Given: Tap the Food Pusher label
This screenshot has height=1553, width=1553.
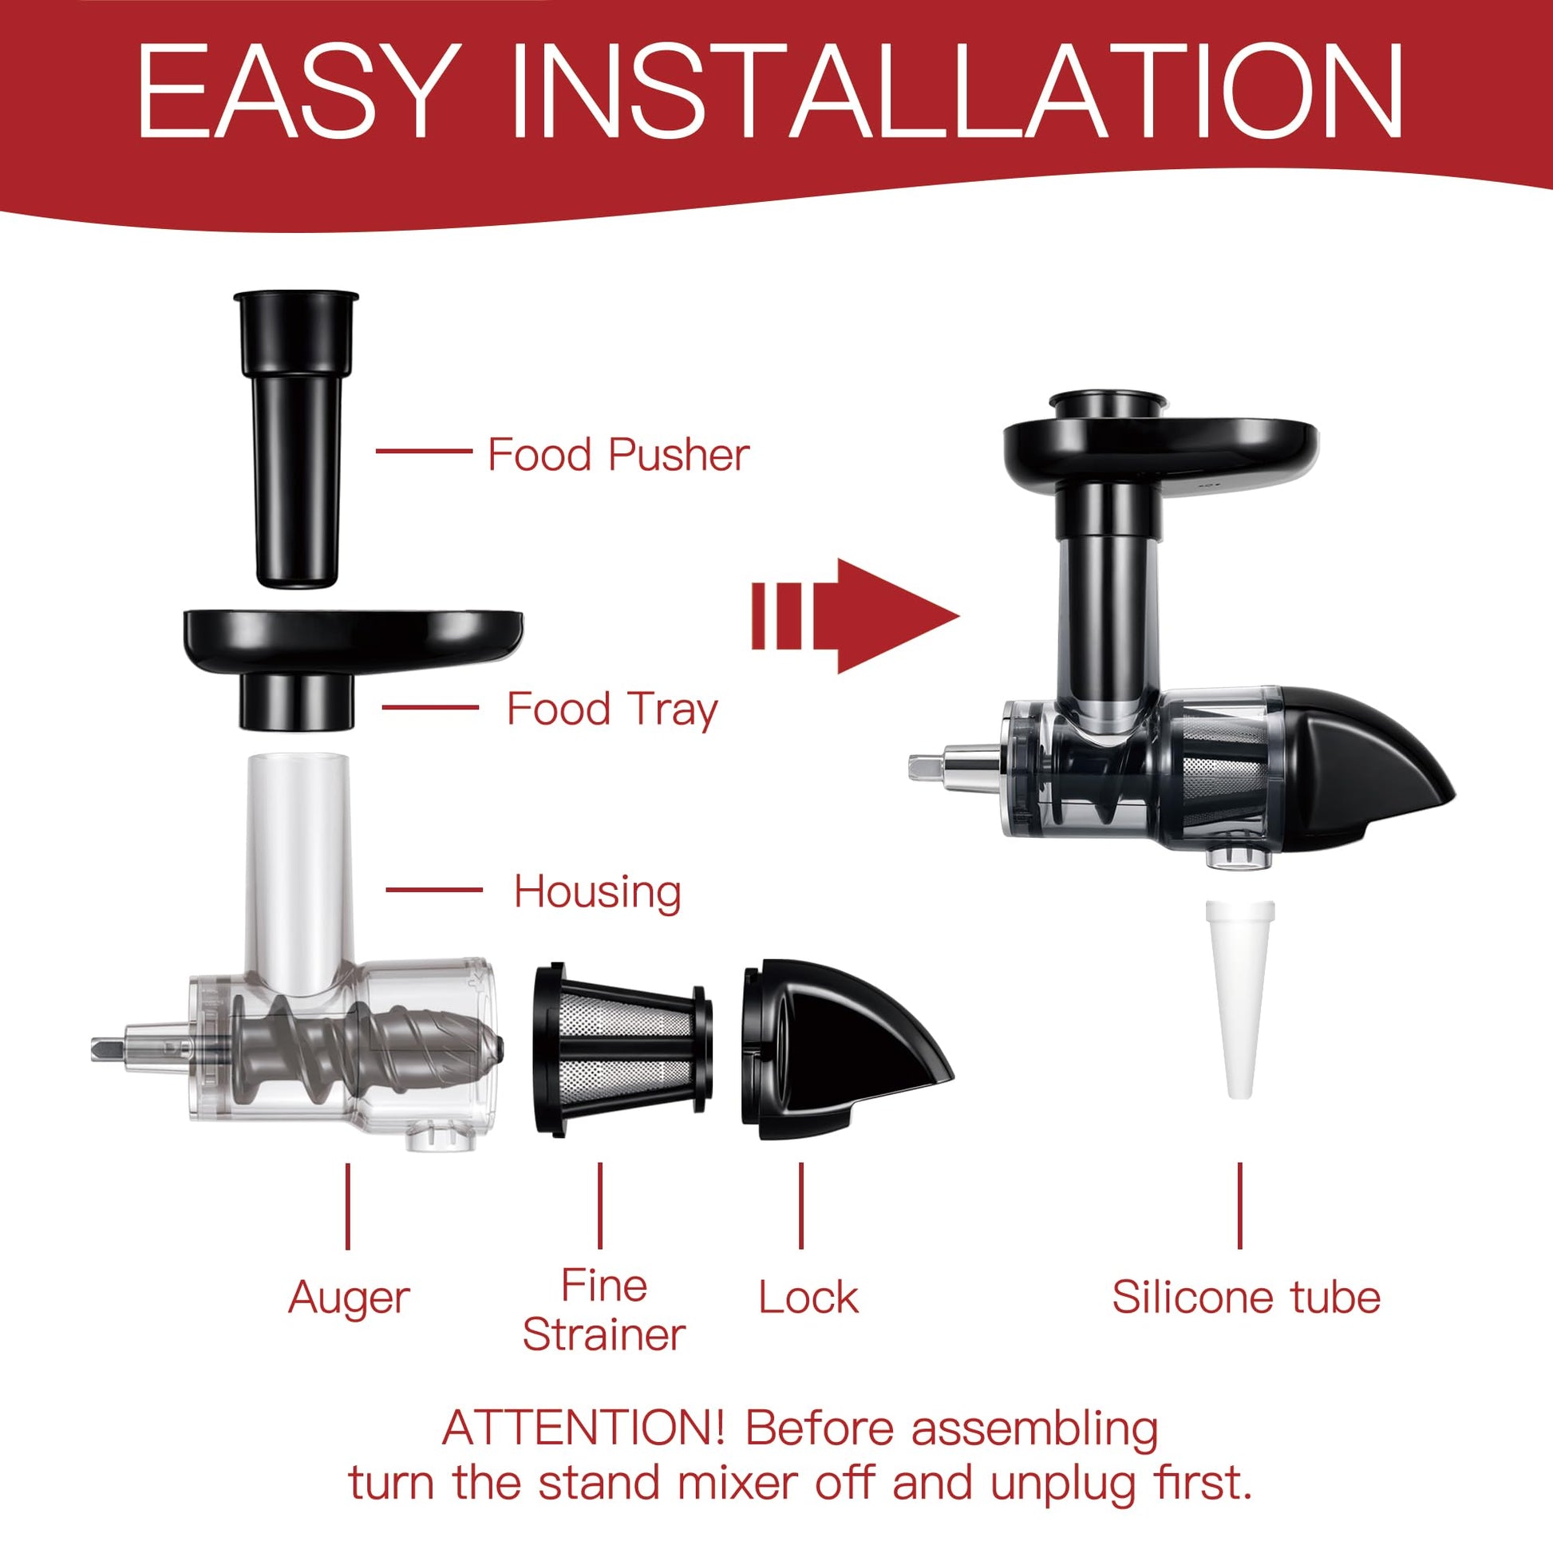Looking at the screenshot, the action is click(618, 454).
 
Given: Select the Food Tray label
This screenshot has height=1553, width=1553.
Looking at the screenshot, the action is click(612, 709).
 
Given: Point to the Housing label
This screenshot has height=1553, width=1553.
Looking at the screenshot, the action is click(597, 892).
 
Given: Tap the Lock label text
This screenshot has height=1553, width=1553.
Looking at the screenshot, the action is click(808, 1298).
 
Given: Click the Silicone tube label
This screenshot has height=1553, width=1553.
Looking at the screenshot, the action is click(1246, 1298).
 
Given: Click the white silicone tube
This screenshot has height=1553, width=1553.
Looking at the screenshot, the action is click(1240, 1000).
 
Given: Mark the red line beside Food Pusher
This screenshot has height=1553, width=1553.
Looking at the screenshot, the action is click(424, 451).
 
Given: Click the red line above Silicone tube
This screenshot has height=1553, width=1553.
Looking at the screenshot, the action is click(1240, 1205).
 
